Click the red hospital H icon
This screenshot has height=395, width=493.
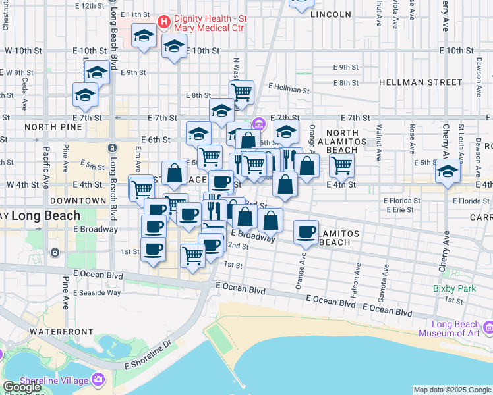[x=164, y=21]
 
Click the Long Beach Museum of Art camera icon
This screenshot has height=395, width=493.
[x=488, y=327]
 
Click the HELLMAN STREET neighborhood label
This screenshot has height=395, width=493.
[x=420, y=82]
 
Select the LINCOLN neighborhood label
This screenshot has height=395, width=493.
[x=330, y=14]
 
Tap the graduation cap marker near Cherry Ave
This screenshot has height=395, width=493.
[x=448, y=172]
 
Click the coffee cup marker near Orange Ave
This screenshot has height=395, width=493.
[x=306, y=232]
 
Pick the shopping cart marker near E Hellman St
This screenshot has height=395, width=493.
[x=242, y=92]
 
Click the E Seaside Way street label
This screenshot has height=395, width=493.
[x=98, y=292]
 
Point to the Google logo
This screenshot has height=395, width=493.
[x=22, y=388]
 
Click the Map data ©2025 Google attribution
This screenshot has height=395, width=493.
[x=452, y=390]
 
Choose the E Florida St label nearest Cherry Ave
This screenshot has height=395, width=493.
[x=471, y=201]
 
